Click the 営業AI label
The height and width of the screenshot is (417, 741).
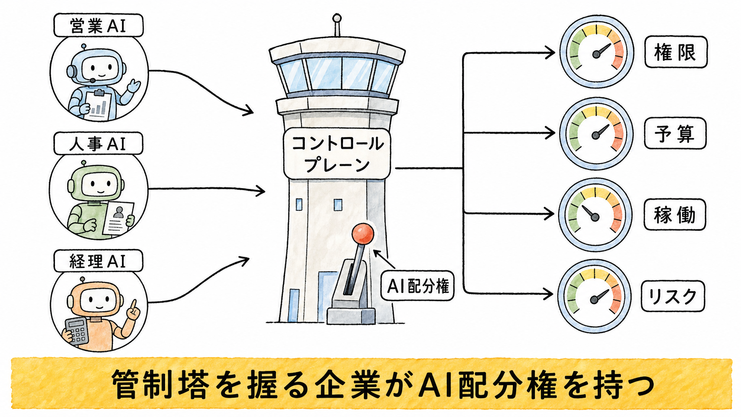click(x=98, y=25)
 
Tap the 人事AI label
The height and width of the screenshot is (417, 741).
click(x=98, y=143)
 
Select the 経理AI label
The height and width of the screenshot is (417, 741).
click(x=98, y=261)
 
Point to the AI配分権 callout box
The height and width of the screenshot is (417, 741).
click(x=417, y=286)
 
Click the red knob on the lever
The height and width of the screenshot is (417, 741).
click(x=363, y=234)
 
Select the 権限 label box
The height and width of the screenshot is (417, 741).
click(x=676, y=52)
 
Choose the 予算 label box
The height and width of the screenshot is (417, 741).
click(x=675, y=133)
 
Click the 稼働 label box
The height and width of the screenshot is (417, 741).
click(x=675, y=214)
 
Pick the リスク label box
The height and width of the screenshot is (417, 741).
click(x=673, y=296)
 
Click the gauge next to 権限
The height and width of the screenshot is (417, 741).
click(x=596, y=52)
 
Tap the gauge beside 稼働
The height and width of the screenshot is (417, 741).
click(x=595, y=214)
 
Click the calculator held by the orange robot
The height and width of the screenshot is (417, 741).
click(x=77, y=331)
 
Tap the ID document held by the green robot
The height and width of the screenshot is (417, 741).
click(x=118, y=218)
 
